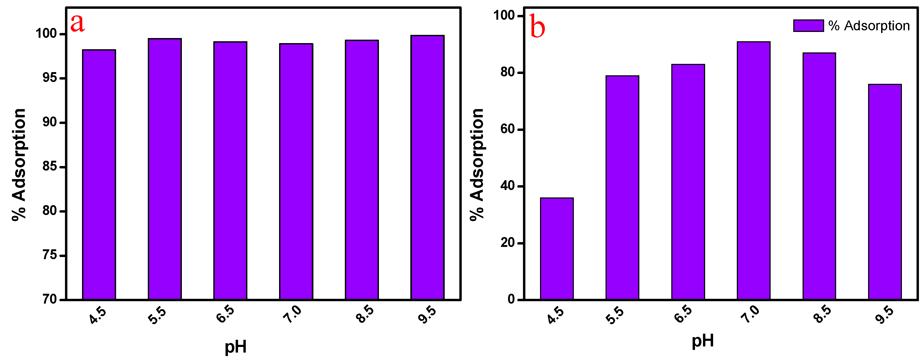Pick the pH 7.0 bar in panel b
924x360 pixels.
754,171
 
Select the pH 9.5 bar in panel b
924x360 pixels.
885,192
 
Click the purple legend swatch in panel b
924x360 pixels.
808,26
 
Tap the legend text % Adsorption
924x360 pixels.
869,26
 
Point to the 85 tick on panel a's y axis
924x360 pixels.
50,167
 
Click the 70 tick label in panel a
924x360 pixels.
50,299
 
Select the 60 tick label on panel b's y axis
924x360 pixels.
507,129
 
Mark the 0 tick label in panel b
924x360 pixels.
511,299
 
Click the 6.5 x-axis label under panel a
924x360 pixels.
225,314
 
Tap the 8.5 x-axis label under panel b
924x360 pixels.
822,314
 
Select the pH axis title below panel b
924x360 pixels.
702,341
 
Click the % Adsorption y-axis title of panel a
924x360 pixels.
19,165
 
